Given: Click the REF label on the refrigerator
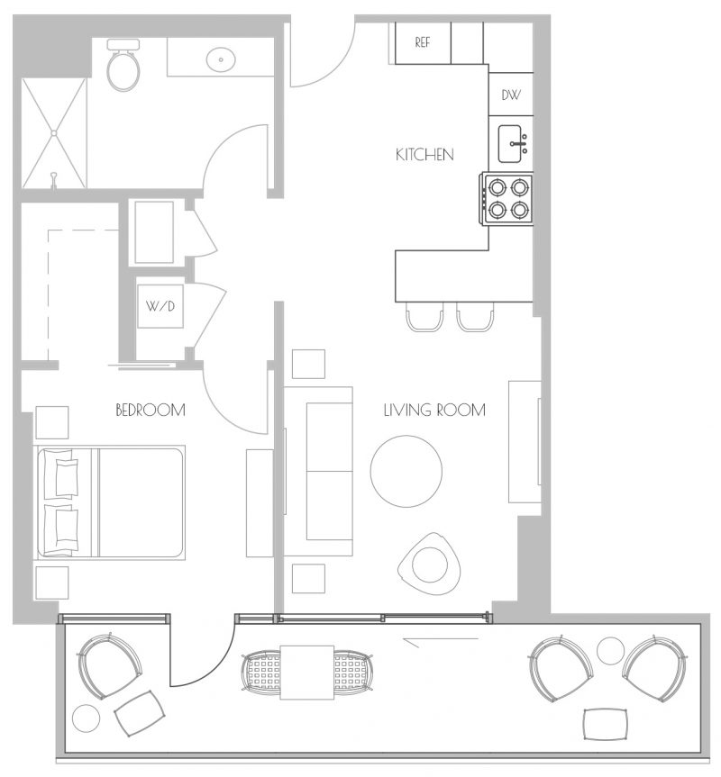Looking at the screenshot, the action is click(422, 42).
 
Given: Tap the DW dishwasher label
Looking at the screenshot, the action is click(511, 95).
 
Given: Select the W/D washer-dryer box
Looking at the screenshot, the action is click(160, 306).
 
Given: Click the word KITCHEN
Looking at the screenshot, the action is click(424, 155).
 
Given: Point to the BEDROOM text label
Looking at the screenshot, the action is click(151, 410).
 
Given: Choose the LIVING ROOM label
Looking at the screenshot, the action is click(434, 410).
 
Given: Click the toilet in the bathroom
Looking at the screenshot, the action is click(123, 66).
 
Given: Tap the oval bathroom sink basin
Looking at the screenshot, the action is click(221, 59).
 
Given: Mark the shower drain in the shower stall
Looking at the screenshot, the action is click(53, 133).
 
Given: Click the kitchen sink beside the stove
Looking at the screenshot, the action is click(513, 144).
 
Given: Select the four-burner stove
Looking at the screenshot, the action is click(507, 199).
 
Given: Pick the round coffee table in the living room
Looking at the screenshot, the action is click(406, 471).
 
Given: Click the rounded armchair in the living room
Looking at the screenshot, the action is click(430, 565).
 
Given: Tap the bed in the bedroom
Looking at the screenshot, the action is click(110, 502).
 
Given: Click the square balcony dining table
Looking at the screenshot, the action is click(307, 672).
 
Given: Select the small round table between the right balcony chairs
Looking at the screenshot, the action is click(610, 651).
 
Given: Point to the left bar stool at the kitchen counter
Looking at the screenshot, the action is click(424, 316).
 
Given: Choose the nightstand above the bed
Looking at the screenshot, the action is click(52, 422).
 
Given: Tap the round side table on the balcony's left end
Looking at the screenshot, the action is click(87, 717).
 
